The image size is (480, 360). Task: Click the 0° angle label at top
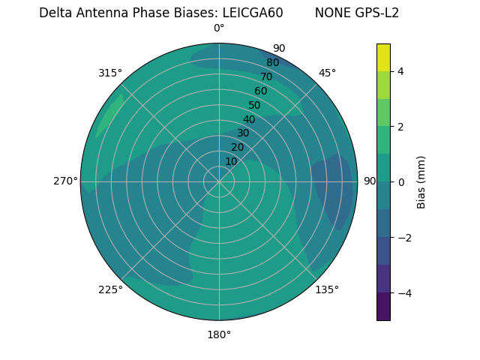219,28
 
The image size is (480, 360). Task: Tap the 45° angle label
327,73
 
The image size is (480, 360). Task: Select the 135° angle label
327,289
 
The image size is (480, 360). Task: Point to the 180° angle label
219,334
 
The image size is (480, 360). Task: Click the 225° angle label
110,289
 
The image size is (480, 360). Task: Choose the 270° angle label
65,181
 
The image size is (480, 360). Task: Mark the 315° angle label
110,73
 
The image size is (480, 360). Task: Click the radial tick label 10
231,161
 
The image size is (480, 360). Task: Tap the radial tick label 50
254,105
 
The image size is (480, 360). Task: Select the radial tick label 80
272,63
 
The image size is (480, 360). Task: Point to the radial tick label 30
243,133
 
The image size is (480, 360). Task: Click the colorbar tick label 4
400,71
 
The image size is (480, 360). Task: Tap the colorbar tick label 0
400,182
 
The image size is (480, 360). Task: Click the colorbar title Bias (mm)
421,182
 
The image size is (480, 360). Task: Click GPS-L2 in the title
378,13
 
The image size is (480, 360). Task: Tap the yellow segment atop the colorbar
383,58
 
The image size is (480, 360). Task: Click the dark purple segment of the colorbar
383,306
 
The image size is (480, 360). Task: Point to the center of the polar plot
219,181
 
